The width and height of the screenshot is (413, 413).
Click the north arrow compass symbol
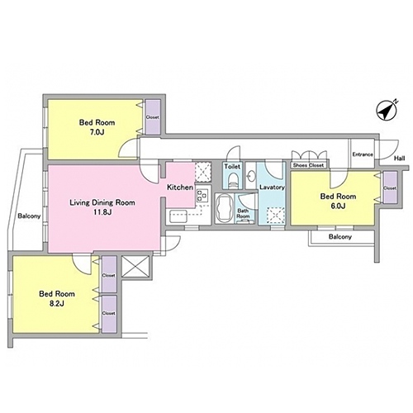coord(387,111)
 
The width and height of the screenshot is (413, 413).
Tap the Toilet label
coord(232,167)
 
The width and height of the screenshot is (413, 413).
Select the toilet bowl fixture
coord(233,180)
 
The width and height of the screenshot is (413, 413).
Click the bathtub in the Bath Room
coord(223,208)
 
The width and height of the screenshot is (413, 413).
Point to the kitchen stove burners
coord(202,195)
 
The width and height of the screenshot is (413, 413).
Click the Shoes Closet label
coord(308,165)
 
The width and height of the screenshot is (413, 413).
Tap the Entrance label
coord(363,154)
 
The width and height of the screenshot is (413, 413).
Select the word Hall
coord(399,159)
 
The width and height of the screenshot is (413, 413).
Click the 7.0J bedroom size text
coord(97,132)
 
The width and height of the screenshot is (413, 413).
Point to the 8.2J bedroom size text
coord(57,303)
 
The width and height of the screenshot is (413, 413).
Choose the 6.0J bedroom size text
coord(338,206)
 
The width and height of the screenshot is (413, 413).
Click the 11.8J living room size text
coord(102,212)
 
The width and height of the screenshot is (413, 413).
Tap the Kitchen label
coord(180,188)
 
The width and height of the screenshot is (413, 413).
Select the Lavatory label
coord(272,188)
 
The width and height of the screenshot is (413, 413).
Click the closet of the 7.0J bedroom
coord(153,117)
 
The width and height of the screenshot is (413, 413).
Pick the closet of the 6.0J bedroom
coord(390,188)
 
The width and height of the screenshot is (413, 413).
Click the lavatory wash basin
coord(250,175)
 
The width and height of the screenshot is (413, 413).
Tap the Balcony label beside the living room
coord(29,216)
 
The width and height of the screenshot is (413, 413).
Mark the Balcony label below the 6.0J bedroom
coord(340,237)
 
